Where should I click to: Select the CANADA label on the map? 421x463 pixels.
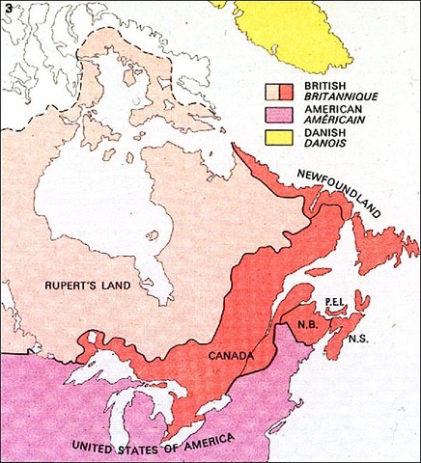(x=231, y=356)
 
